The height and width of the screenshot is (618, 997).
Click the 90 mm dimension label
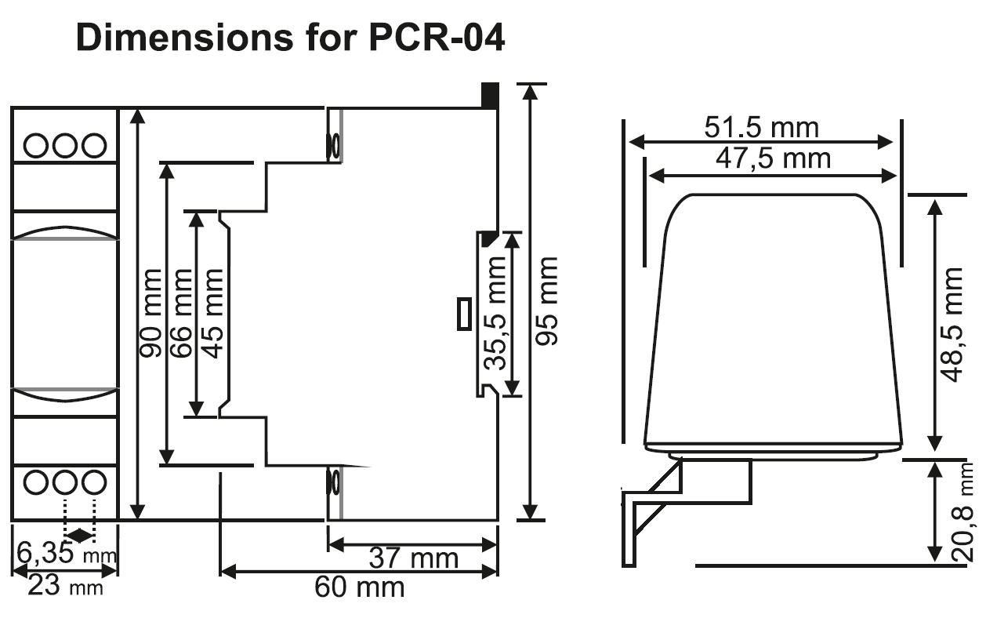click(x=151, y=313)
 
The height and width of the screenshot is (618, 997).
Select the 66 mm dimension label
click(x=181, y=313)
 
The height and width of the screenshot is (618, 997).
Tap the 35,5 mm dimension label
click(x=495, y=324)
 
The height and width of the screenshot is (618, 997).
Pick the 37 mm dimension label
click(x=413, y=558)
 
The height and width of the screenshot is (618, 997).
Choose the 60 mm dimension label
click(x=359, y=587)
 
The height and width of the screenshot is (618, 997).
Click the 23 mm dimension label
click(x=65, y=586)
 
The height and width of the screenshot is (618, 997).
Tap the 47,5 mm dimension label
click(x=773, y=158)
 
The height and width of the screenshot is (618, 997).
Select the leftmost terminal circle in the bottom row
click(x=36, y=482)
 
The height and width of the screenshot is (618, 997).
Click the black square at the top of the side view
click(x=490, y=95)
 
